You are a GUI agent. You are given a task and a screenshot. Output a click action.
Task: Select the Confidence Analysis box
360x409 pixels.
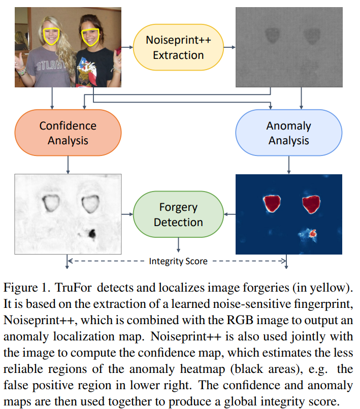pyautogui.click(x=68, y=133)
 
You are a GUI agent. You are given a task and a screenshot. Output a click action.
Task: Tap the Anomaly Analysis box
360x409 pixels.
pyautogui.click(x=288, y=133)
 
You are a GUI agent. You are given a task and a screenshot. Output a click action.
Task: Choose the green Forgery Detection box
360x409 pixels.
pyautogui.click(x=178, y=215)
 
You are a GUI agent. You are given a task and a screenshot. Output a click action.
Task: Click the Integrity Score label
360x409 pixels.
pyautogui.click(x=178, y=261)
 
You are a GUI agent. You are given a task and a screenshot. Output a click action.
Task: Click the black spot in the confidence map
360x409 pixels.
pyautogui.click(x=92, y=233)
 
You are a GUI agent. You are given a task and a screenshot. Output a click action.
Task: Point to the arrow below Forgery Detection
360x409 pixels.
pyautogui.click(x=178, y=245)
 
